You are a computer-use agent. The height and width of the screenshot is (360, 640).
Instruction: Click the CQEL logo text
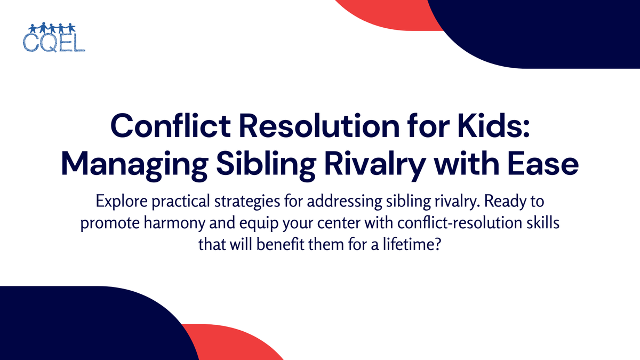tap(54, 43)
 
